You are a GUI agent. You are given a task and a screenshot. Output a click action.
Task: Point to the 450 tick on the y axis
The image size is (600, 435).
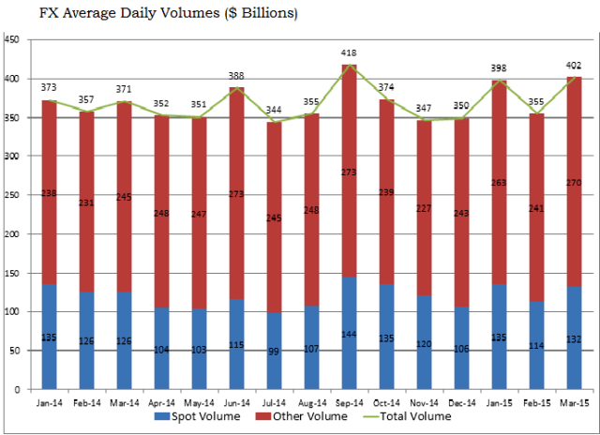point(14,40)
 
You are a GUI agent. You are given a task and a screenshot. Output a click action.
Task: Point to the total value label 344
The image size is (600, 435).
point(275,111)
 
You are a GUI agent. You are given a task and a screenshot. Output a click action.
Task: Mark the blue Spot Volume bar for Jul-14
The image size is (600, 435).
point(275,351)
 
